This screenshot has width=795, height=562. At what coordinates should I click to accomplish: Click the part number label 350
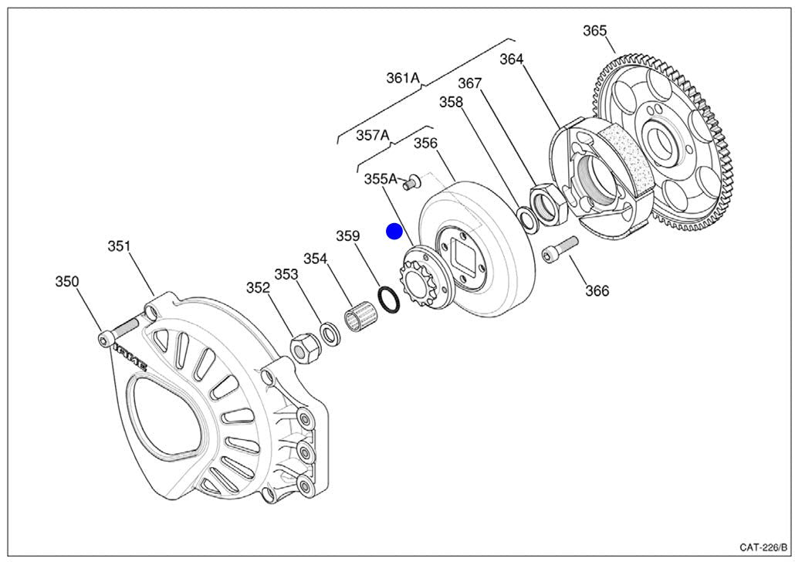pos(67,282)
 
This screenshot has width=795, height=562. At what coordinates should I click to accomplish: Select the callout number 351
pos(119,247)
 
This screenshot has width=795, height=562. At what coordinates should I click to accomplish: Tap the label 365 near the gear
pos(594,31)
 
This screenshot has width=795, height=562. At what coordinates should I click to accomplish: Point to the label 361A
pos(402,77)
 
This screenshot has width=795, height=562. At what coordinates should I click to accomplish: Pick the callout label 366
pos(597,290)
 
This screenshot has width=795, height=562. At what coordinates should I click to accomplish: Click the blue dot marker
pos(394,231)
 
